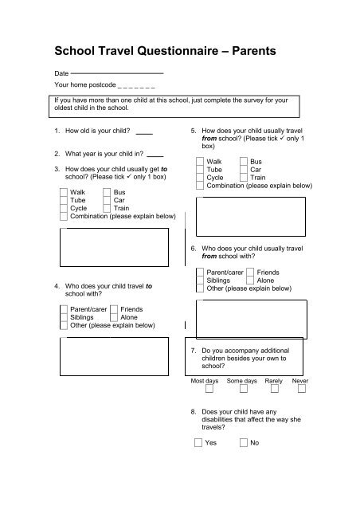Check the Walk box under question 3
[64, 192]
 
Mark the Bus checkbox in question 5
[244, 161]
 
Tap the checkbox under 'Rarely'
[275, 390]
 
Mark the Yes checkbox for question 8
[199, 442]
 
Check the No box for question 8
[244, 442]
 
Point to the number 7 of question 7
[194, 351]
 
